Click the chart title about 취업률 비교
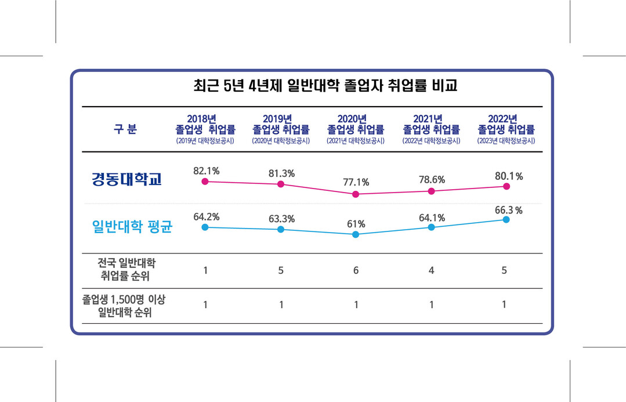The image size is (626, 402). [x=325, y=86]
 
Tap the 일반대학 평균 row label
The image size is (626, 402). [x=134, y=226]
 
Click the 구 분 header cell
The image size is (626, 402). [x=125, y=129]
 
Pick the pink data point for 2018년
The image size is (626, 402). [x=205, y=182]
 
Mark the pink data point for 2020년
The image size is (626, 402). [x=356, y=194]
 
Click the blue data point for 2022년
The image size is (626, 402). [x=506, y=220]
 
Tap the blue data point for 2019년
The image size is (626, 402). [x=281, y=229]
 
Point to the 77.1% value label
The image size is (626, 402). [x=356, y=182]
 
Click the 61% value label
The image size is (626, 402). [x=356, y=224]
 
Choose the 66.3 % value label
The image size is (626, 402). [x=508, y=210]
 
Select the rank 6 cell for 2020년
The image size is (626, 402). [x=356, y=270]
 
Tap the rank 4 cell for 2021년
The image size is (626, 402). [x=431, y=270]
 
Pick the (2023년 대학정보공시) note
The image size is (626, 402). [x=506, y=141]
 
